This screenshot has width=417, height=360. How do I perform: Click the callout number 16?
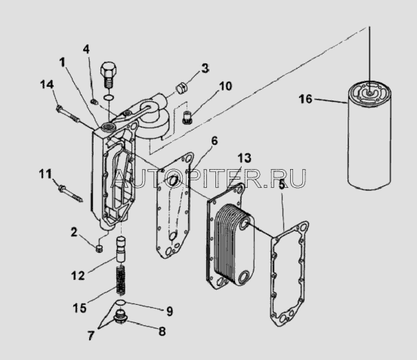tap(305, 99)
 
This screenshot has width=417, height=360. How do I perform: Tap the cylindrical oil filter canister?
tap(369, 135)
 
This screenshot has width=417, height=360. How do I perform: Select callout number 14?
tap(47, 85)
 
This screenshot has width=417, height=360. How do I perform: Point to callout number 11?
tap(45, 174)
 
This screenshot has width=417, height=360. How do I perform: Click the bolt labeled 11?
tap(70, 193)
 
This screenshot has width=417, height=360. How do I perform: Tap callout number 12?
tap(78, 275)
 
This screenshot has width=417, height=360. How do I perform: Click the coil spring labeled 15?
tap(121, 281)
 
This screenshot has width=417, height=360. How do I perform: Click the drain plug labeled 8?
tap(121, 316)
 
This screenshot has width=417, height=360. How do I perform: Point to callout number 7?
tap(91, 336)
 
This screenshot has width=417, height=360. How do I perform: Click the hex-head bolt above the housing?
tap(108, 75)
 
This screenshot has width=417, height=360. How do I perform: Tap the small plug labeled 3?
tap(182, 88)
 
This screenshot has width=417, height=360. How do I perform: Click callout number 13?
tap(244, 158)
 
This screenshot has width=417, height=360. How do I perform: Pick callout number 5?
tap(282, 185)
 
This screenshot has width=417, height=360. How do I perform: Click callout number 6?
tap(215, 141)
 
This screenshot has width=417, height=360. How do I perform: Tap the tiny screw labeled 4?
tap(94, 101)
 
